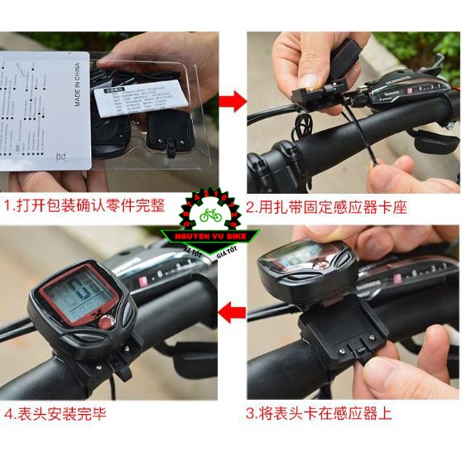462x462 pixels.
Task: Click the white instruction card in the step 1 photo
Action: [x=41, y=108]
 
